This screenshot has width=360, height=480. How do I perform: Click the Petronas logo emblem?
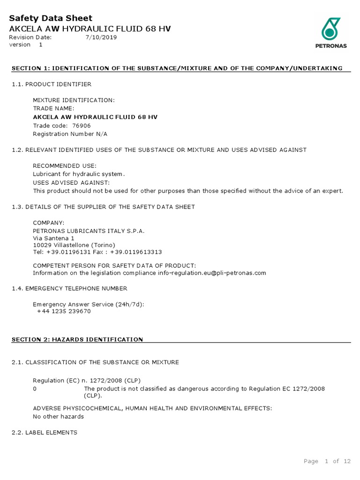click(x=330, y=29)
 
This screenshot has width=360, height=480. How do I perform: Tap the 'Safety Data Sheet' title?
click(x=51, y=18)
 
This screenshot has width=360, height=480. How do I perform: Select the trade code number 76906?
click(x=82, y=126)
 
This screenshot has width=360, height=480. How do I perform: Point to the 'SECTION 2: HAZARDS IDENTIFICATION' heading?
click(x=77, y=339)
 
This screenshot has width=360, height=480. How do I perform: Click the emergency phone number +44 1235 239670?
click(x=64, y=311)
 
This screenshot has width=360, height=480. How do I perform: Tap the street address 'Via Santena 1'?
click(x=53, y=238)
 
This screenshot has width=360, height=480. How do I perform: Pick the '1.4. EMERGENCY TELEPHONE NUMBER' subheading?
click(x=69, y=288)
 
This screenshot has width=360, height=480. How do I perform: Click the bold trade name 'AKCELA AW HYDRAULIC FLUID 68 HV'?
click(x=95, y=117)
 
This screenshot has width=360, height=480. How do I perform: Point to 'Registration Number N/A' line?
click(x=70, y=134)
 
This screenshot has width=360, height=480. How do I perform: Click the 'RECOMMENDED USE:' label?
click(x=64, y=166)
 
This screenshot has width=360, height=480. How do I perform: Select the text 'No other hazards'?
click(x=58, y=416)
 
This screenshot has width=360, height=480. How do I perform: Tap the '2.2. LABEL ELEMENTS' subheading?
click(x=45, y=433)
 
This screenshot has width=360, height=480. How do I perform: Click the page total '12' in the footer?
click(x=347, y=461)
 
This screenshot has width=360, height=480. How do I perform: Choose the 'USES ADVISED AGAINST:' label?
click(x=71, y=182)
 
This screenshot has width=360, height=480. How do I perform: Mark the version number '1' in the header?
click(x=40, y=45)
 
